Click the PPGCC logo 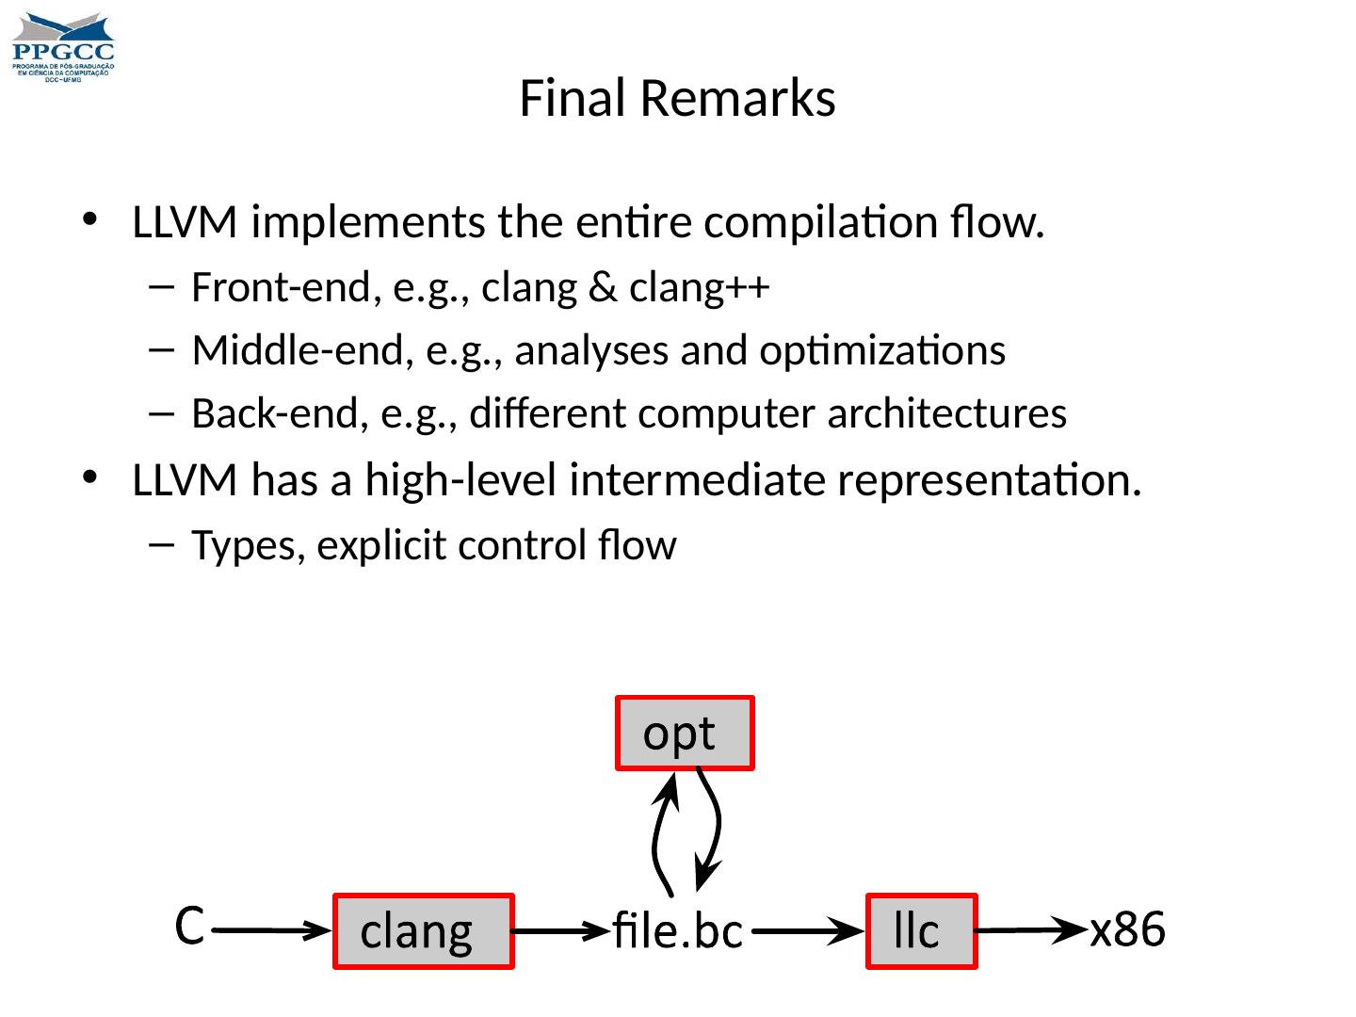tap(63, 47)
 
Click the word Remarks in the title tap(737, 98)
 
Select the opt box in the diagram tap(685, 733)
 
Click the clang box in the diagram tap(423, 931)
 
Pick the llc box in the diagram tap(921, 931)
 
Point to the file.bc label tap(678, 930)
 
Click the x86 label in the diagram tap(1127, 929)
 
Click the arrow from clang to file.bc tap(561, 930)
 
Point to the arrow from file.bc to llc tap(808, 930)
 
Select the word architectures tap(947, 413)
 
